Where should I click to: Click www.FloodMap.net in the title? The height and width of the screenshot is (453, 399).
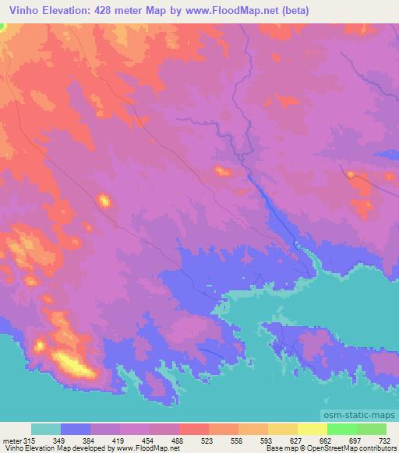238,10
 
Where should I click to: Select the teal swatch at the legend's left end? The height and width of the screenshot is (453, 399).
46,430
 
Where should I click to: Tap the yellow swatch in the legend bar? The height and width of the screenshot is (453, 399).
312,430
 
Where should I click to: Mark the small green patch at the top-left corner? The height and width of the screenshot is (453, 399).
2,27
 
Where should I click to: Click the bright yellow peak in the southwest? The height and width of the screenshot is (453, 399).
70,362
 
